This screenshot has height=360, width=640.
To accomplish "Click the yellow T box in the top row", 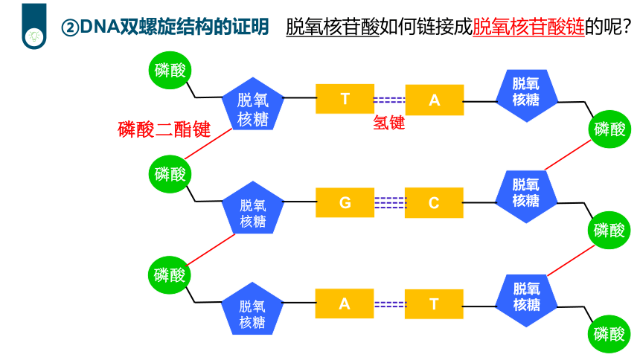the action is pos(345,99).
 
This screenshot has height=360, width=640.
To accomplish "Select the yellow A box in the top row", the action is pos(435,100).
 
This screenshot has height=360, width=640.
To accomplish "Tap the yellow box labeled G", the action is pos(345,202).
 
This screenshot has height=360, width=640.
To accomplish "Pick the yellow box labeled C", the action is pos(434,203).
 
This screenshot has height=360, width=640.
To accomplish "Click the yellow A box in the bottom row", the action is pos(345,303).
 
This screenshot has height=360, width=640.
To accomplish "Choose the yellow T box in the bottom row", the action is pos(434,304).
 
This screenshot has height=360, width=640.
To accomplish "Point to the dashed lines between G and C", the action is pos(390,203).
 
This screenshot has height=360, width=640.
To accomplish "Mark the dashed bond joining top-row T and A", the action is pos(390,100).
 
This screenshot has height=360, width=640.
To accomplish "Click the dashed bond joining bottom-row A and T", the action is pos(390,304).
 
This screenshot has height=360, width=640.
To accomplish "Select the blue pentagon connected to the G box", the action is pos(253,208).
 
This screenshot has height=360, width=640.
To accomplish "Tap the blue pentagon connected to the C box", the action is pos(525,196).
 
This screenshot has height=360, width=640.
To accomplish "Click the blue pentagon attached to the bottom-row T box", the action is pos(526,300).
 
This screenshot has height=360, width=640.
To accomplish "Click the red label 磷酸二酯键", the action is pos(164,129).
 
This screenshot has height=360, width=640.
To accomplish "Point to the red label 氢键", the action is pos(389,123).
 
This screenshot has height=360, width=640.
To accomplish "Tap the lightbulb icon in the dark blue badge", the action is pos(34,36).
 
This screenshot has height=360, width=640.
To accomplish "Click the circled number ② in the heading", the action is pos(70,28).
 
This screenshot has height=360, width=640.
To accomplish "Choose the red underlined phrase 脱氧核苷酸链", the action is pos(528,27).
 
